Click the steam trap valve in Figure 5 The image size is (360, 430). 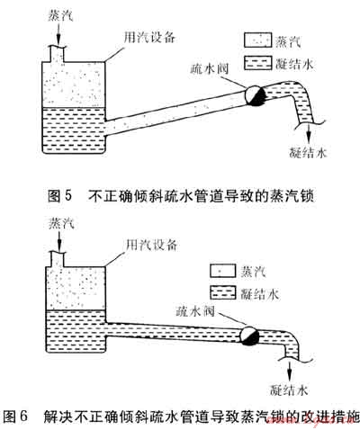(255, 94)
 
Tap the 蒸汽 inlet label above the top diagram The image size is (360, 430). (60, 15)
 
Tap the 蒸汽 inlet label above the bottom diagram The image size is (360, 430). (61, 223)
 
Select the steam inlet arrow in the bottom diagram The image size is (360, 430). (59, 242)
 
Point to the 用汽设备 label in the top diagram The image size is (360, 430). (149, 38)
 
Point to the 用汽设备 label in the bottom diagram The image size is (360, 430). (151, 245)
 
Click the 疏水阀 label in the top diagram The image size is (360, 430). (210, 68)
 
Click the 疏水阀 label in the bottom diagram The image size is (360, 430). (195, 311)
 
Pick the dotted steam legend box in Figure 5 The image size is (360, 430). (258, 40)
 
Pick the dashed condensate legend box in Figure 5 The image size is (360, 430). (258, 63)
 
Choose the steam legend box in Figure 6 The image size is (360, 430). (222, 271)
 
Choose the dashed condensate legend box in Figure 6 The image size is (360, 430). (222, 292)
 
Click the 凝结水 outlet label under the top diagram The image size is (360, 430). (308, 153)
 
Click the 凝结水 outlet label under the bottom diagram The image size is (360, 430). (289, 390)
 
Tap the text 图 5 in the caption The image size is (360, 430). (60, 196)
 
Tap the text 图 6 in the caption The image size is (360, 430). (15, 417)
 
